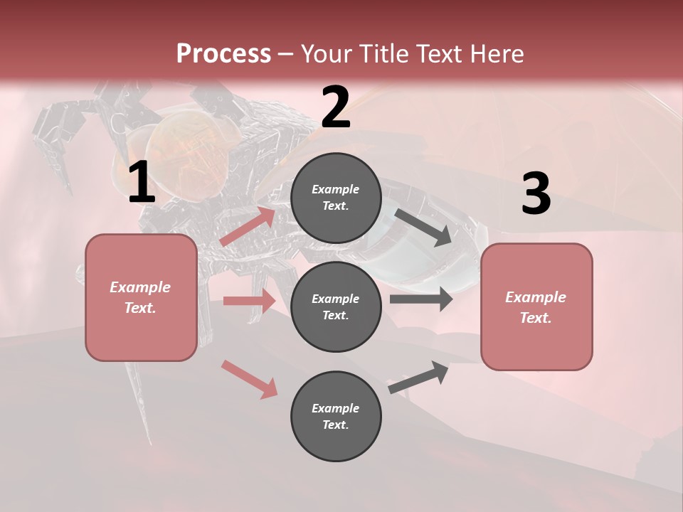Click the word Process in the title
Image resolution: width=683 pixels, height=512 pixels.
[x=223, y=53]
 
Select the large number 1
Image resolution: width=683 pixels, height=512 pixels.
[x=142, y=183]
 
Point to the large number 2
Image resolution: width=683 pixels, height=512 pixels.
[x=336, y=107]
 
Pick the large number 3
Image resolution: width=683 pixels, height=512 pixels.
[x=536, y=194]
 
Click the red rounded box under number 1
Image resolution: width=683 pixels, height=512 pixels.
[x=141, y=297]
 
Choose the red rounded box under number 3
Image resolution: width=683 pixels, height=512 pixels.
[x=536, y=306]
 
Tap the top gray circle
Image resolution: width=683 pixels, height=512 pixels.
[x=336, y=198]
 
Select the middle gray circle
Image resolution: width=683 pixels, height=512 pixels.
[x=336, y=306]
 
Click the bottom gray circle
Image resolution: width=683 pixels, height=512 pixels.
[x=336, y=416]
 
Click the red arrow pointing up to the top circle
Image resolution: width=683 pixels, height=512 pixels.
[x=248, y=227]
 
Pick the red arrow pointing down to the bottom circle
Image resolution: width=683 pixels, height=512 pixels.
[x=249, y=378]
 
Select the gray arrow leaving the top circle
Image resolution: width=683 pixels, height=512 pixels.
[x=423, y=228]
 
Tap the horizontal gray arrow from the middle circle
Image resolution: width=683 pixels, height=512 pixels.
[x=421, y=299]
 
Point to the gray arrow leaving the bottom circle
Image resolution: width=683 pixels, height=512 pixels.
[x=419, y=377]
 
